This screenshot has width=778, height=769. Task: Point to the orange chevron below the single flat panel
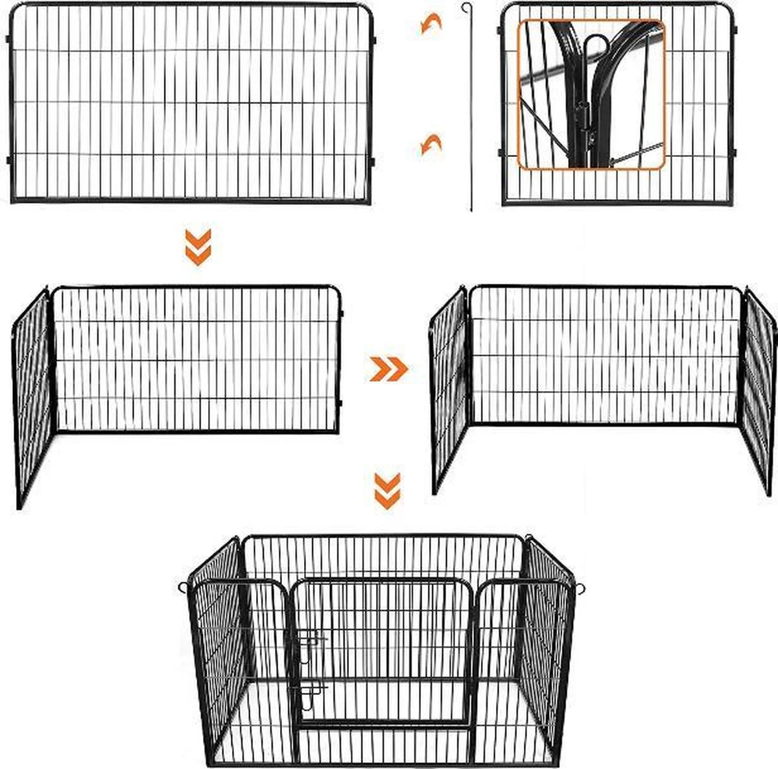click(x=198, y=247)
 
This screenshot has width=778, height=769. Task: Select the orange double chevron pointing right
click(x=388, y=368)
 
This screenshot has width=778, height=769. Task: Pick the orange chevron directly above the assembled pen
click(x=388, y=491)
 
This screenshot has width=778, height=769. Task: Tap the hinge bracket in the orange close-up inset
click(x=587, y=123)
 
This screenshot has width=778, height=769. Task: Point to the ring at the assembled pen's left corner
click(x=183, y=588)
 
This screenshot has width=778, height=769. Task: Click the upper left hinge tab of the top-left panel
click(x=8, y=40)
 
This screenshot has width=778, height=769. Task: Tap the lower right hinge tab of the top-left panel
click(x=374, y=160)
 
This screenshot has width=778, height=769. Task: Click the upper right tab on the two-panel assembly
click(x=341, y=314)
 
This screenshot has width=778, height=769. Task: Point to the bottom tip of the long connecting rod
click(x=471, y=209)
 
